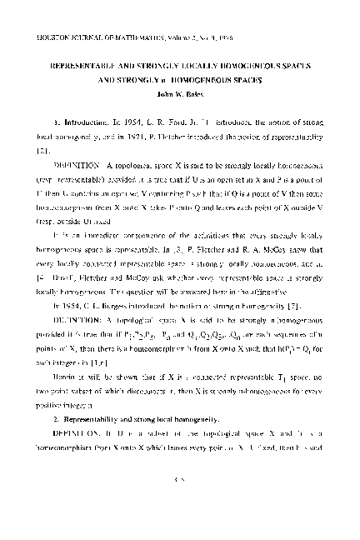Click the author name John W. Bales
point(180,92)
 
